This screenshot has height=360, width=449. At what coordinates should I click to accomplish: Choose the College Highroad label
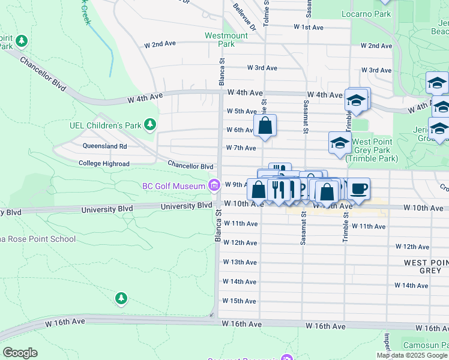tap(104, 164)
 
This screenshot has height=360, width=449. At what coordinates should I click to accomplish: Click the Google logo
tap(20, 353)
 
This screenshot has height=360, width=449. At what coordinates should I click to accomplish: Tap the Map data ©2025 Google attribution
tap(412, 355)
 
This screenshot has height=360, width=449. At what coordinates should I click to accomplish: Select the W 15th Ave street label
tap(240, 301)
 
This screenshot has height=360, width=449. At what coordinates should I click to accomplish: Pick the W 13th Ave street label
tap(240, 262)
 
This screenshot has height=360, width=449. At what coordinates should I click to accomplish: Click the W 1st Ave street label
tap(309, 28)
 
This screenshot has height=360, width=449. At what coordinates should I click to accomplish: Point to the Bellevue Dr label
tap(246, 18)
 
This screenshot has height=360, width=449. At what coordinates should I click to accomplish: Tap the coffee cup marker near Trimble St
tap(359, 189)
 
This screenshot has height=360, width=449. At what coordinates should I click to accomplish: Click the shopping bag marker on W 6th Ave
tap(265, 126)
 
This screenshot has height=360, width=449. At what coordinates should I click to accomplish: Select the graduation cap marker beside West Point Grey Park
tap(340, 143)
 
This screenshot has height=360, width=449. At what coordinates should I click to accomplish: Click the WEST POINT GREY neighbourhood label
tap(426, 266)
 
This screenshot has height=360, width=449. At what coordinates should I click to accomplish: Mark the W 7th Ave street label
tap(241, 148)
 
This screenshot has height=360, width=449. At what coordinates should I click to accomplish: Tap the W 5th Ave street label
tap(241, 111)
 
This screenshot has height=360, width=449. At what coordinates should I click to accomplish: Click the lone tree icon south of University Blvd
tap(121, 298)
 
